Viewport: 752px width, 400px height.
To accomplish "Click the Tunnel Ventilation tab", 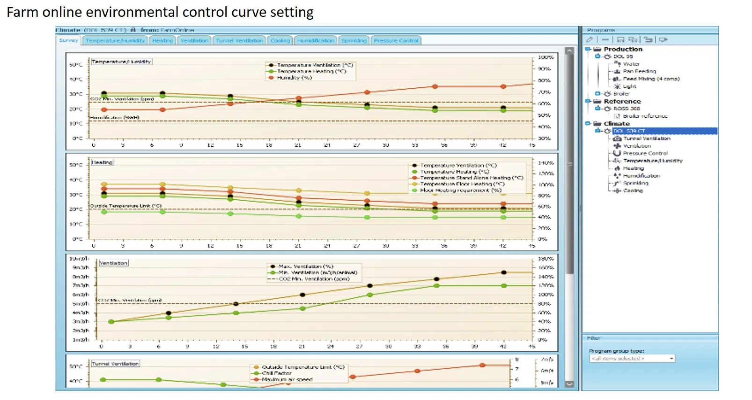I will click(x=239, y=41).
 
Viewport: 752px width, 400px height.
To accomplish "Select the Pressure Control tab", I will click(x=396, y=41).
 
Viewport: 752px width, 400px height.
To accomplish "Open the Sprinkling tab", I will click(x=354, y=41).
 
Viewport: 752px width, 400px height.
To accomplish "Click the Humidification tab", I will click(x=316, y=41).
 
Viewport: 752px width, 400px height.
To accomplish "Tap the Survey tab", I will click(x=68, y=40).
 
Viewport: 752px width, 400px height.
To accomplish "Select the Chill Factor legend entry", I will click(x=276, y=373).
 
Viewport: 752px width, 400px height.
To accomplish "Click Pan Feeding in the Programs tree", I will click(x=639, y=71).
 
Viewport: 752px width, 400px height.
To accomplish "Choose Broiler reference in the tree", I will click(x=645, y=116).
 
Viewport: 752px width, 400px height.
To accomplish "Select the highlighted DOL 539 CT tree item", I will click(x=629, y=131).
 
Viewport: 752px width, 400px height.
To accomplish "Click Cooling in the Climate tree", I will click(x=633, y=191).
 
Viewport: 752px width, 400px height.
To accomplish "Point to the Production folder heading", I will click(x=623, y=49).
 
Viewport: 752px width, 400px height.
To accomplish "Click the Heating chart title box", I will click(x=102, y=162).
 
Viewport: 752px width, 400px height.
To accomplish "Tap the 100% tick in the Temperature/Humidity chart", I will click(x=546, y=57).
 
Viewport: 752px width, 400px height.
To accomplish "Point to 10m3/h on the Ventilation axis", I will click(x=79, y=259).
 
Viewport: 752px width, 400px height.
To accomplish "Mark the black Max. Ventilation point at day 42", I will click(x=504, y=272).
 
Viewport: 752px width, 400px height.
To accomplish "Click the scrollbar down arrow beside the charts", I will click(x=569, y=384).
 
